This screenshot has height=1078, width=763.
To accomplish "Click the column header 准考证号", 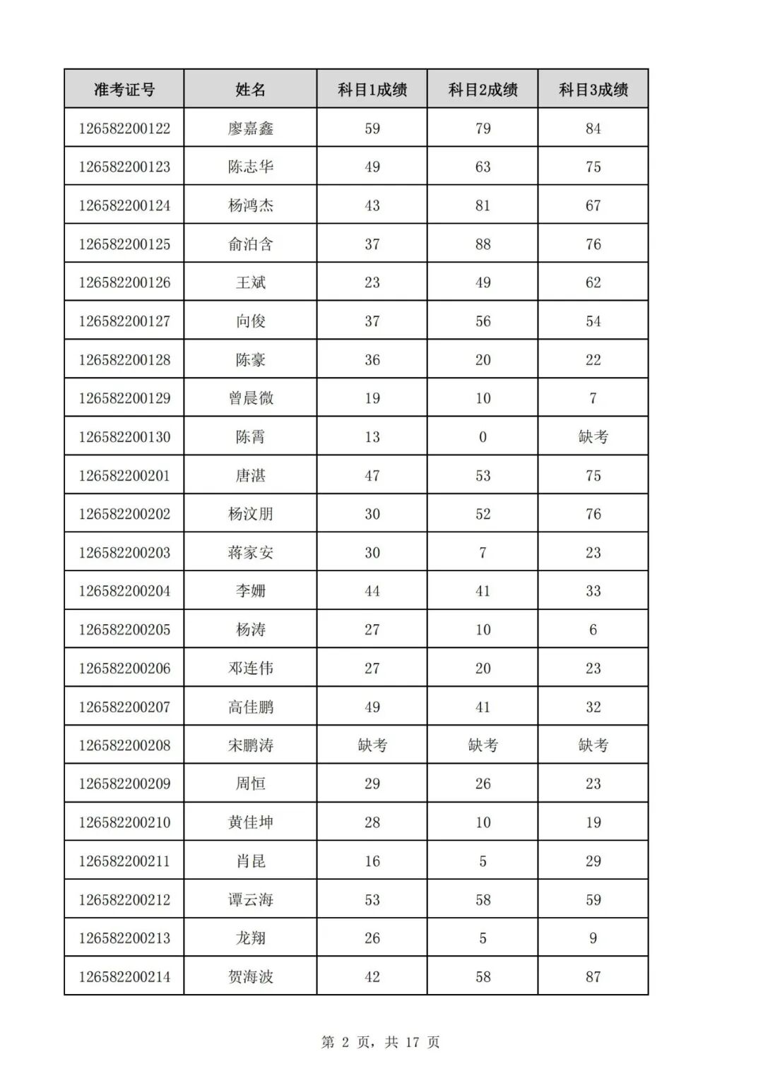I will pos(124,90).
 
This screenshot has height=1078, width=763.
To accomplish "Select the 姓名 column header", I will pos(250,90).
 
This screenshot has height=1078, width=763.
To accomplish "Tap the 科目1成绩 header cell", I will pos(372,90).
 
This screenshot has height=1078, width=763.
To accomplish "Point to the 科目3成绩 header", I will pos(593,90).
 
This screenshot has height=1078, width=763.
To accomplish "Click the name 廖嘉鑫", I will pos(250,128).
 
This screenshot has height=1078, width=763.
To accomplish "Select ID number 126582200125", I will pos(124,244).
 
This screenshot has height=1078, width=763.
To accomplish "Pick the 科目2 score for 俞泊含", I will pos(483,244).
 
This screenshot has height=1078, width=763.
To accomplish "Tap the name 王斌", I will pos(250,282).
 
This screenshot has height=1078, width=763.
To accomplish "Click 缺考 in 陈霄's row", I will pos(593,437).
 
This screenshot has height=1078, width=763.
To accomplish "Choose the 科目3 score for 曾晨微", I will pos(593,398).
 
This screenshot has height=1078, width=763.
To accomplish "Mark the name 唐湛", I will pos(250,476).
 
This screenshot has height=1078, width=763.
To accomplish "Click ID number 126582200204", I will pos(124,591).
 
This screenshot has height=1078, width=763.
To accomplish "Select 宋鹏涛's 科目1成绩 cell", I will pos(372,745).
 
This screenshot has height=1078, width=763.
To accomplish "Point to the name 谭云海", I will pos(250,899).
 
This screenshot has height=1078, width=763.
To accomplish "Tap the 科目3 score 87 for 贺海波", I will pos(593,977).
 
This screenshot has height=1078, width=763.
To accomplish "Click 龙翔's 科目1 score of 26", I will pos(372,938).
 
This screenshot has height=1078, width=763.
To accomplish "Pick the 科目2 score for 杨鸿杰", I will pos(483,205).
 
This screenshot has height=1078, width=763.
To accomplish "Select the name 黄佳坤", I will pos(250,822).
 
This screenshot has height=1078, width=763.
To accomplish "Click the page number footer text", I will pos(381,1042).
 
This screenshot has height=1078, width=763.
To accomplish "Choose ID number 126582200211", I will pos(124,861).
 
